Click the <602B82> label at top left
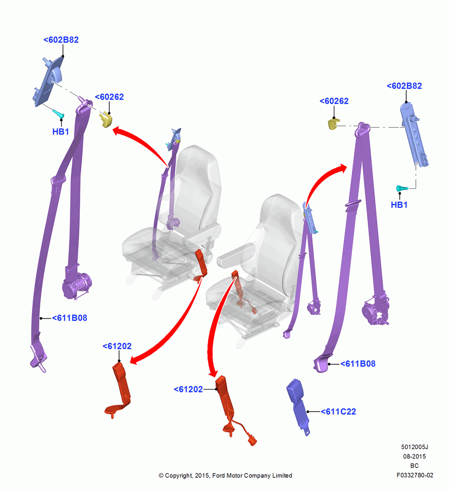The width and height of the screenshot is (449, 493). (x=61, y=40)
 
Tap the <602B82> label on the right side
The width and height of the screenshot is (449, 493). (x=404, y=86)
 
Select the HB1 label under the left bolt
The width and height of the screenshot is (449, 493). (x=61, y=132)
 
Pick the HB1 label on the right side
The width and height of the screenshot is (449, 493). (x=399, y=205)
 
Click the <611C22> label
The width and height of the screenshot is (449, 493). (x=338, y=412)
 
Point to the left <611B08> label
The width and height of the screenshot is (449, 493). (x=69, y=318)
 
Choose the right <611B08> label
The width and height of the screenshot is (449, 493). (x=358, y=364)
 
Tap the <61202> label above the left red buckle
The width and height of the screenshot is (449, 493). (x=117, y=346)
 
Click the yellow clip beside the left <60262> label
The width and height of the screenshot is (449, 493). (x=106, y=119)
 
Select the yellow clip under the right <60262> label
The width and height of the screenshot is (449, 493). (x=333, y=124)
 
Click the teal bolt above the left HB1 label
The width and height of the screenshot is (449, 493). (x=59, y=113)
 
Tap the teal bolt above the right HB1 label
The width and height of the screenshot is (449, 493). (x=402, y=188)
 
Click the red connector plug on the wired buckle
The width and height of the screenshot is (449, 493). (x=252, y=440)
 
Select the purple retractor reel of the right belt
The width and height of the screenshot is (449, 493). (x=375, y=310)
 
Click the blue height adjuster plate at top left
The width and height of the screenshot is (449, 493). (x=48, y=81)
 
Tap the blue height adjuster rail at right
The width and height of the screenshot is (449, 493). (x=414, y=134)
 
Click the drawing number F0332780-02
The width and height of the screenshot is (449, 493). (x=415, y=475)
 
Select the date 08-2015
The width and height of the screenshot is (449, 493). (x=415, y=456)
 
